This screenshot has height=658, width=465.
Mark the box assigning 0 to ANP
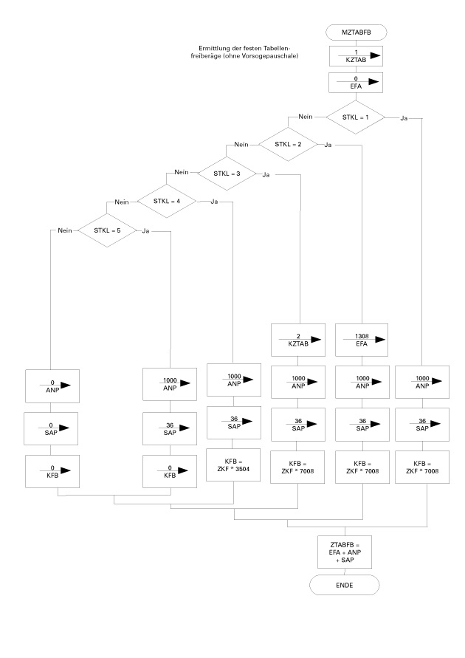(53, 383)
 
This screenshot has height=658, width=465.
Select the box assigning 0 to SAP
(53, 426)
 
